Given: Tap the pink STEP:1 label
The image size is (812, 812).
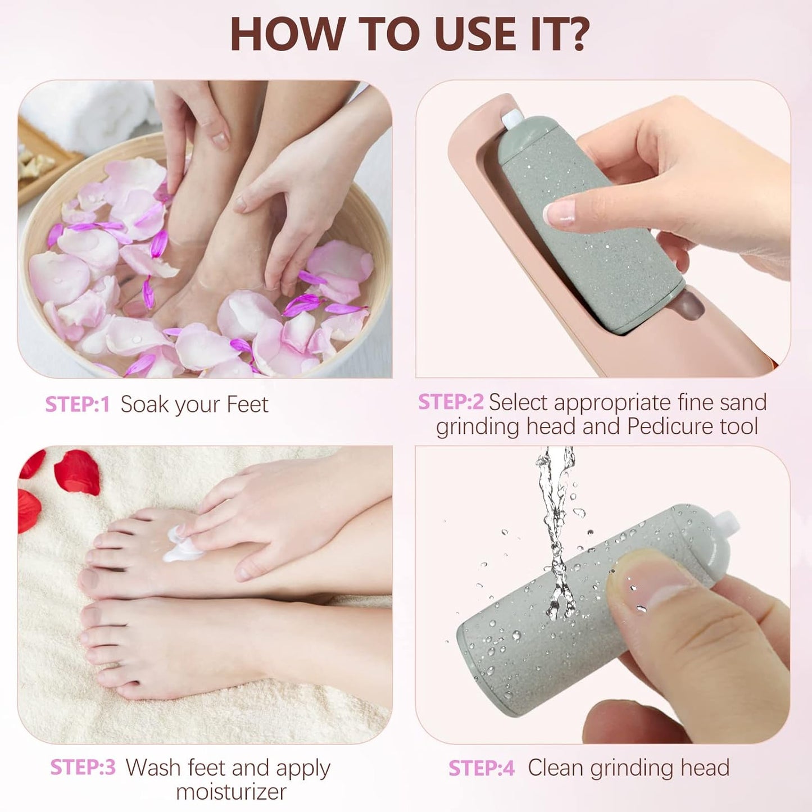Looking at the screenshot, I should point(77,405).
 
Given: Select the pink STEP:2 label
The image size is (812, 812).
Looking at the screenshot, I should point(451,402).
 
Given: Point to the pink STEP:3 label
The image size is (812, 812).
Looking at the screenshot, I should point(83,768).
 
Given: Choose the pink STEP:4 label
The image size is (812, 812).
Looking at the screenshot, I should point(481,768).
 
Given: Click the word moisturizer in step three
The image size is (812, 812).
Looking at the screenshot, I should point(231,792).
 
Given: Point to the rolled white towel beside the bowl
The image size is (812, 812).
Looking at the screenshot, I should point(96,112).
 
